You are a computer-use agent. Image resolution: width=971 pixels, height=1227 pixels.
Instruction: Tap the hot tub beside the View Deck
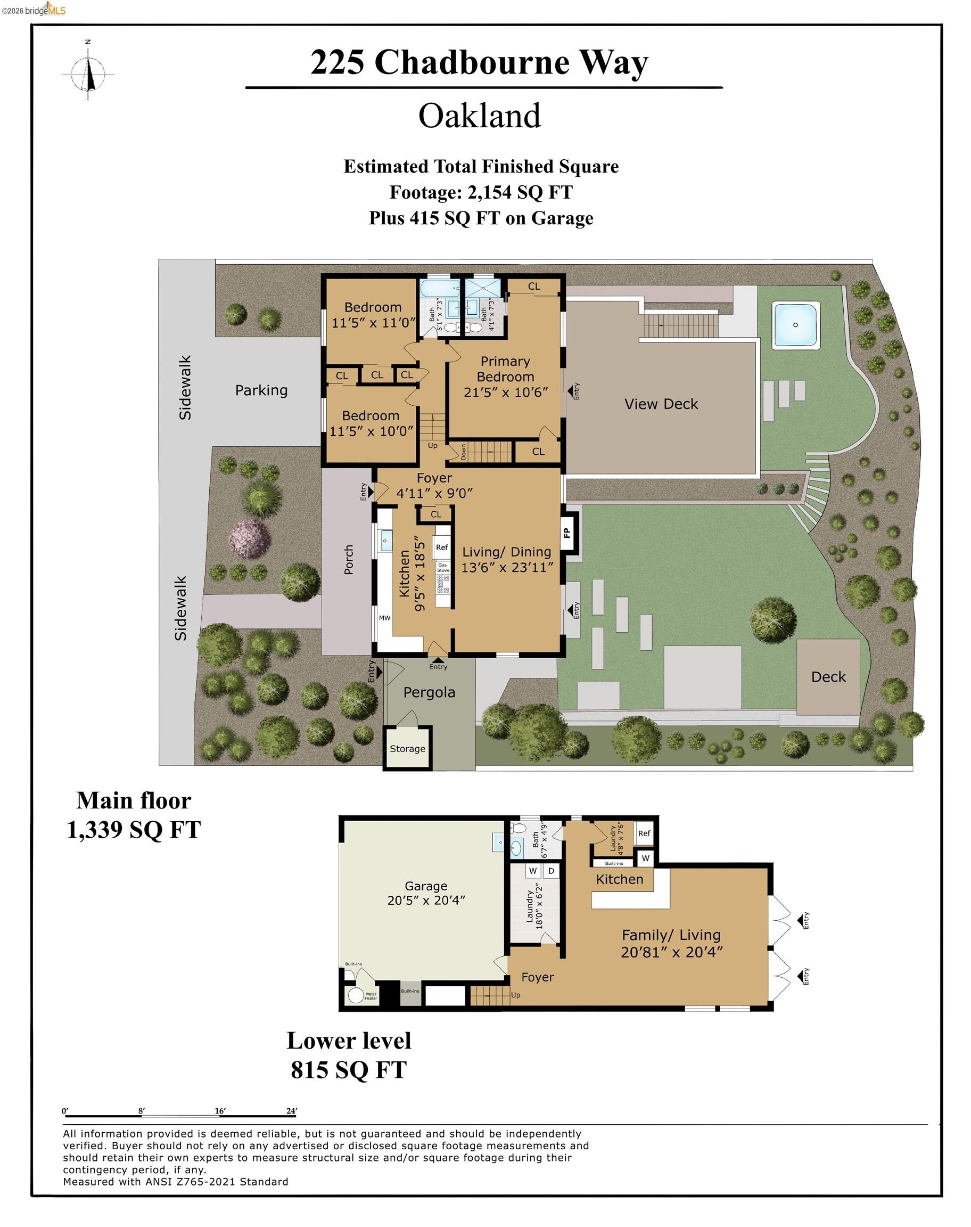pos(795,325)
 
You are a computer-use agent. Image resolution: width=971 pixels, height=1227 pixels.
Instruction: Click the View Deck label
pos(661,404)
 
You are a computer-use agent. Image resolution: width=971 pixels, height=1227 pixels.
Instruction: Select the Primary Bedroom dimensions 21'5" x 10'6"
pos(505,392)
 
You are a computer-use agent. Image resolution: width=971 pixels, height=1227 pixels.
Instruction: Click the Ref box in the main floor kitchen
pos(442,547)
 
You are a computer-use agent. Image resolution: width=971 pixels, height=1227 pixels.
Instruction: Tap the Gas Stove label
pos(443,568)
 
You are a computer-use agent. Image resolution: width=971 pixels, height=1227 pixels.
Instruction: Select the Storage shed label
pos(407,749)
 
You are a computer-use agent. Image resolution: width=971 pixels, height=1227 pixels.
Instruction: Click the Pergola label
pos(429,692)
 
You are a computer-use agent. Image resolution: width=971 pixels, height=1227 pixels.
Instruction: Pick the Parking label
pos(261,390)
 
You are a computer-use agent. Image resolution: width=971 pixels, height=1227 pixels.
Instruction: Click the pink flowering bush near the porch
pos(250,537)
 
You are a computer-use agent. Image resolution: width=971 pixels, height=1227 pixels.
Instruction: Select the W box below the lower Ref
pos(645,858)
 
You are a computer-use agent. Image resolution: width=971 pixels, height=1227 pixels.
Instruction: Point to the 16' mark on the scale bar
pos(220,1110)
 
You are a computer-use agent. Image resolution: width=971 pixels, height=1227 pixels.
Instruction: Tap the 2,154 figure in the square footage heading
pos(489,192)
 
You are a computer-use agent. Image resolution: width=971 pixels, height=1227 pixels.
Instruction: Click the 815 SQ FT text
pos(349,1069)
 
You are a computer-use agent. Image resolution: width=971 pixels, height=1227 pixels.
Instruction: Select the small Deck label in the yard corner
pos(828,677)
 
